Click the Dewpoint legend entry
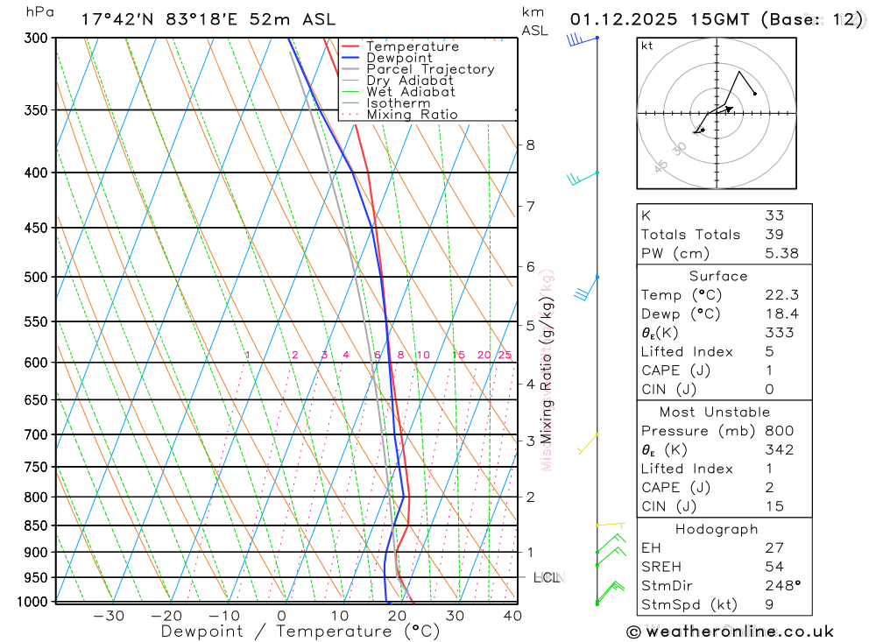pyautogui.click(x=399, y=58)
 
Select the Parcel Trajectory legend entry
pyautogui.click(x=430, y=69)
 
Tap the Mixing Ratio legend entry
pyautogui.click(x=412, y=115)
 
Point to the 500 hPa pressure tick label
pyautogui.click(x=36, y=277)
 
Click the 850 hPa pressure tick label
pyautogui.click(x=36, y=526)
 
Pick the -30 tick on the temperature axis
pyautogui.click(x=109, y=616)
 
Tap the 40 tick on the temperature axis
pyautogui.click(x=512, y=616)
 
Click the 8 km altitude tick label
pyautogui.click(x=530, y=145)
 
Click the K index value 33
pyautogui.click(x=774, y=215)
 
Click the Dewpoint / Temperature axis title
pyautogui.click(x=300, y=631)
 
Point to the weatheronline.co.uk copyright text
pyautogui.click(x=730, y=631)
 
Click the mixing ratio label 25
pyautogui.click(x=505, y=355)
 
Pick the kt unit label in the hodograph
pyautogui.click(x=647, y=46)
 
